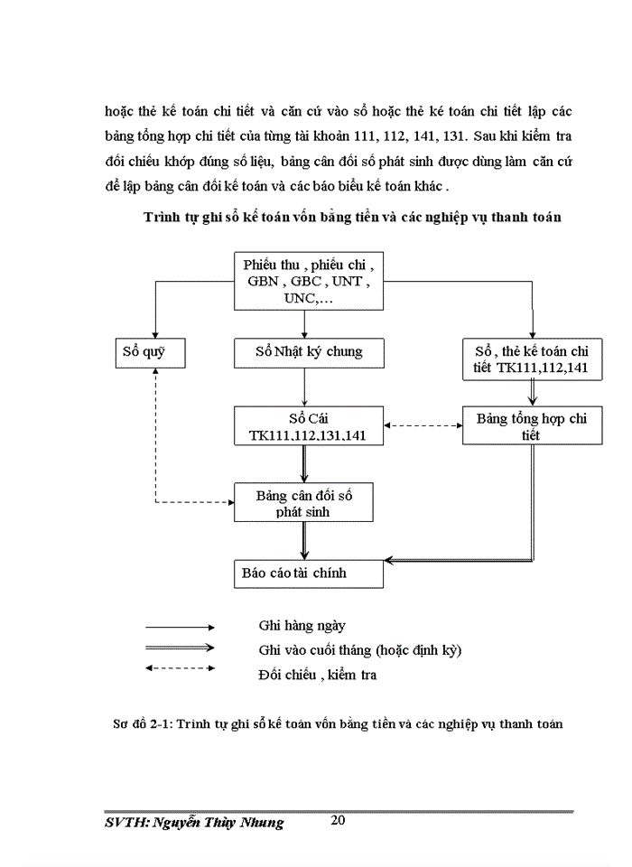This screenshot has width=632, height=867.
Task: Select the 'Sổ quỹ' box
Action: pyautogui.click(x=151, y=351)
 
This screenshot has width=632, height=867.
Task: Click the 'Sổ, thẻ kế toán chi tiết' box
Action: pyautogui.click(x=531, y=358)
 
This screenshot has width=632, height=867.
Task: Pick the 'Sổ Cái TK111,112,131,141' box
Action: pyautogui.click(x=308, y=425)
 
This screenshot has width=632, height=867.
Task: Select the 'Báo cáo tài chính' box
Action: pyautogui.click(x=308, y=573)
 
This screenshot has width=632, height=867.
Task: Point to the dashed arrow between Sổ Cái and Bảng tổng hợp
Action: pyautogui.click(x=423, y=425)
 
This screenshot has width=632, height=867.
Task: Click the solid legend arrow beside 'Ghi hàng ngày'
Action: pyautogui.click(x=180, y=626)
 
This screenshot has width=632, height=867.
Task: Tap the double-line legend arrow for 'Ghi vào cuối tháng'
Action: pyautogui.click(x=180, y=648)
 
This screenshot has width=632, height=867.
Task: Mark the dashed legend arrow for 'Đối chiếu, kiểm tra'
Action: pyautogui.click(x=180, y=669)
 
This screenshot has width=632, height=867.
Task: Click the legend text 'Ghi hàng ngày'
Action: pyautogui.click(x=302, y=625)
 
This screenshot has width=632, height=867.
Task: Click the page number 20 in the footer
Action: pyautogui.click(x=339, y=820)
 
